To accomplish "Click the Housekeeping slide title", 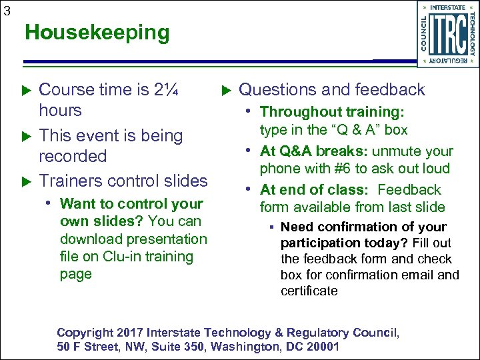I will pyautogui.click(x=97, y=32).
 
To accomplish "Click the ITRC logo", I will pyautogui.click(x=447, y=34).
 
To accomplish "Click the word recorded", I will pyautogui.click(x=73, y=156).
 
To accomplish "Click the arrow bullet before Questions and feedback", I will pyautogui.click(x=225, y=90).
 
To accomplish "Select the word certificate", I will pyautogui.click(x=309, y=291).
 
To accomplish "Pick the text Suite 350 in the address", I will pyautogui.click(x=177, y=347).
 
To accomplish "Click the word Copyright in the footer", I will pyautogui.click(x=83, y=333).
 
